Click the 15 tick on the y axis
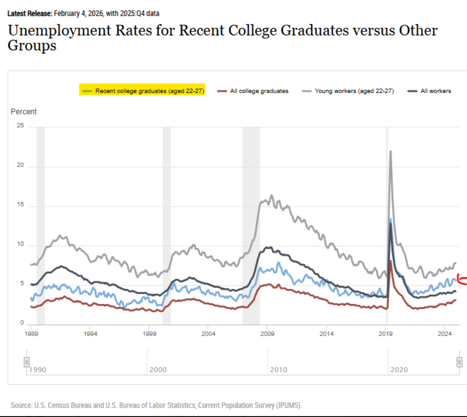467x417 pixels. point(19,206)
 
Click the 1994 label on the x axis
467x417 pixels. point(90,334)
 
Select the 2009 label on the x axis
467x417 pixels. point(267,334)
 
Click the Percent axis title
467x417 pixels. point(24,112)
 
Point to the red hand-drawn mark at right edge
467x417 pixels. point(462,279)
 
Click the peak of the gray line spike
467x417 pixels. point(390,151)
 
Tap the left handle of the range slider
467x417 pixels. point(27,362)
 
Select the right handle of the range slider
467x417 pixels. point(459,362)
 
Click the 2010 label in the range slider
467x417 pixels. point(279,370)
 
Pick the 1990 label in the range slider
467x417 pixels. point(38,370)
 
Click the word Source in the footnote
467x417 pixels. point(21,405)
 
